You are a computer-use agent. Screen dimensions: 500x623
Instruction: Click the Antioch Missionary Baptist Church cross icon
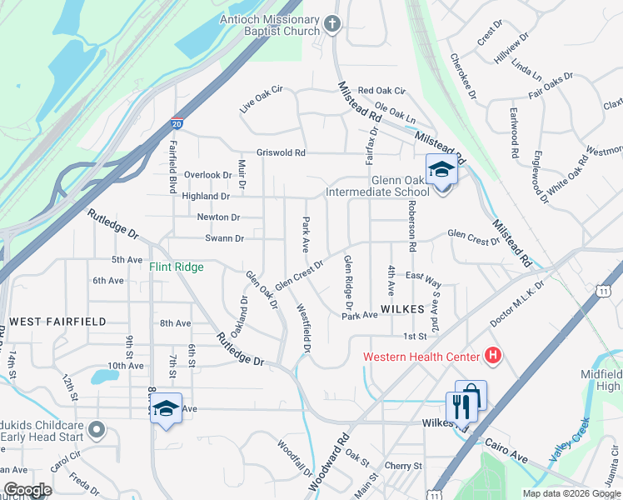pyautogui.click(x=332, y=24)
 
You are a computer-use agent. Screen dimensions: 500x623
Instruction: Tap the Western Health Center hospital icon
pyautogui.click(x=493, y=357)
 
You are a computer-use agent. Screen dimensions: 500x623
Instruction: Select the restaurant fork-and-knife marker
pyautogui.click(x=459, y=407)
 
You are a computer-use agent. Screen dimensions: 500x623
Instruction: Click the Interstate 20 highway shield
pyautogui.click(x=177, y=123)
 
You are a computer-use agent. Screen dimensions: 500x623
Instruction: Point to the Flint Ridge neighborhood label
pyautogui.click(x=176, y=267)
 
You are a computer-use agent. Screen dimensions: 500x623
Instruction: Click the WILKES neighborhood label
pyautogui.click(x=404, y=308)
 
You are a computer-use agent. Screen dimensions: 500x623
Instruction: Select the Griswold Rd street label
pyautogui.click(x=281, y=152)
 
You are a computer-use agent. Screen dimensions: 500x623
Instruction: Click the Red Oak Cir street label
pyautogui.click(x=381, y=90)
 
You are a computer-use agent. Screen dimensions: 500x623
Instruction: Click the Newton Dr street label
pyautogui.click(x=217, y=217)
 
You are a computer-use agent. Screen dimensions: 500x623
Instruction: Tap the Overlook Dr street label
pyautogui.click(x=208, y=175)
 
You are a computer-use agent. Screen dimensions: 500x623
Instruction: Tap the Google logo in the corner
pyautogui.click(x=27, y=490)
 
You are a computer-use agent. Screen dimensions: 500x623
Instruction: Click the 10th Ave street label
pyautogui.click(x=125, y=365)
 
